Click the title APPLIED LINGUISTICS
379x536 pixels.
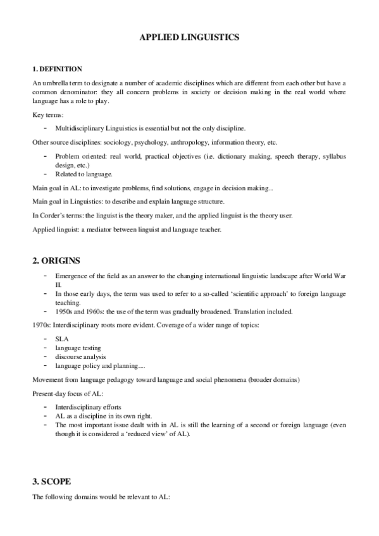click(x=189, y=38)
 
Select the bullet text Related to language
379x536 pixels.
click(x=84, y=174)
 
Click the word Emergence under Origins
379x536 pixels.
click(x=72, y=277)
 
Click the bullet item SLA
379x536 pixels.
click(x=61, y=339)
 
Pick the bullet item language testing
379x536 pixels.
click(x=78, y=348)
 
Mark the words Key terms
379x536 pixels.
click(x=46, y=115)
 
